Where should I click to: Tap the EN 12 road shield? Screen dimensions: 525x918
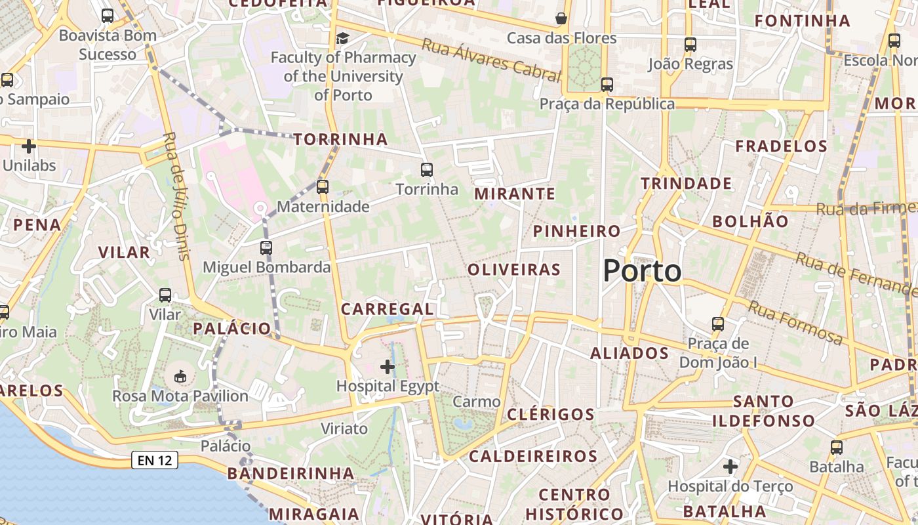point(155,460)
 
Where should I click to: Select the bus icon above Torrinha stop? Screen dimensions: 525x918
point(427,170)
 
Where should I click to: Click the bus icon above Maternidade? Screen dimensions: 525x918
point(322,187)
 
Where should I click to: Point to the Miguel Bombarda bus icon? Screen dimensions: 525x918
point(266,248)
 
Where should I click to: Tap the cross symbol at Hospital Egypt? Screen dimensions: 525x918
point(388,366)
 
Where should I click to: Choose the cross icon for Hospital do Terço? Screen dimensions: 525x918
point(730,467)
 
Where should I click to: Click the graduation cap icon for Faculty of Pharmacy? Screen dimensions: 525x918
point(342,39)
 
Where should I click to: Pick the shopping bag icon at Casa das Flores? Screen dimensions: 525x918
point(561,18)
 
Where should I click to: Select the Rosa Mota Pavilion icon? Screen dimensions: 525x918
point(180,376)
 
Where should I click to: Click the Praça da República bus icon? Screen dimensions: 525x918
point(607,85)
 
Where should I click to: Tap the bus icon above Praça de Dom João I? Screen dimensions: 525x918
point(718,324)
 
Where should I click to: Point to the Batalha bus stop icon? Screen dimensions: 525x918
point(836,448)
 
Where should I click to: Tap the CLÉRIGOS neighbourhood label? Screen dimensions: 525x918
point(551,414)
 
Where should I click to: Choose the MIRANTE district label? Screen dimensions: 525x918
point(515,194)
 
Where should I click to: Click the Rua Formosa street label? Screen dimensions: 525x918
point(795,323)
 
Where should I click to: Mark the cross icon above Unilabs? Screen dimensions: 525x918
point(29,146)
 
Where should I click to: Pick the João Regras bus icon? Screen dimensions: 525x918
point(690,45)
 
